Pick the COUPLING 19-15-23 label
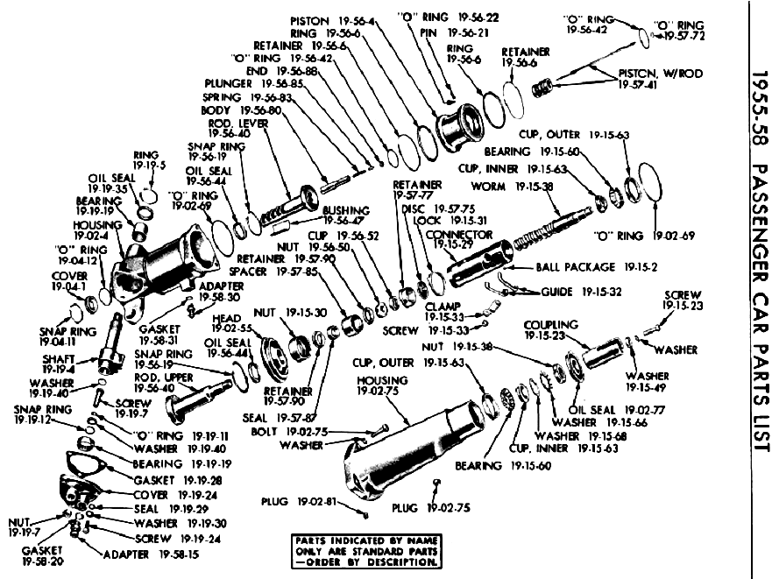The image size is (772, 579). (551, 329)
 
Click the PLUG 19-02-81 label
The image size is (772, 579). (299, 502)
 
